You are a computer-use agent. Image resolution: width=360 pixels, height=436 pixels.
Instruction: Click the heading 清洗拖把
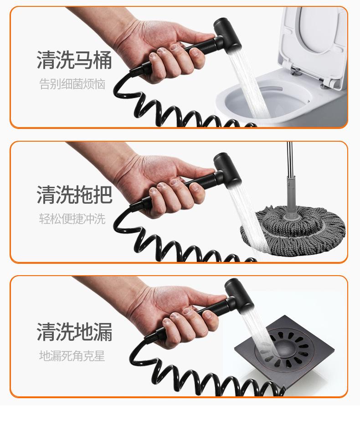[74, 195]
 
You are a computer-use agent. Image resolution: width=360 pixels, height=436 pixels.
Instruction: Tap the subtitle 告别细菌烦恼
[72, 84]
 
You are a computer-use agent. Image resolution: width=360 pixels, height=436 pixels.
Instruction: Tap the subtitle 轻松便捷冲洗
[72, 219]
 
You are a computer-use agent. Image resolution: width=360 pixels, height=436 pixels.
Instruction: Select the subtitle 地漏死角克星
[72, 356]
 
